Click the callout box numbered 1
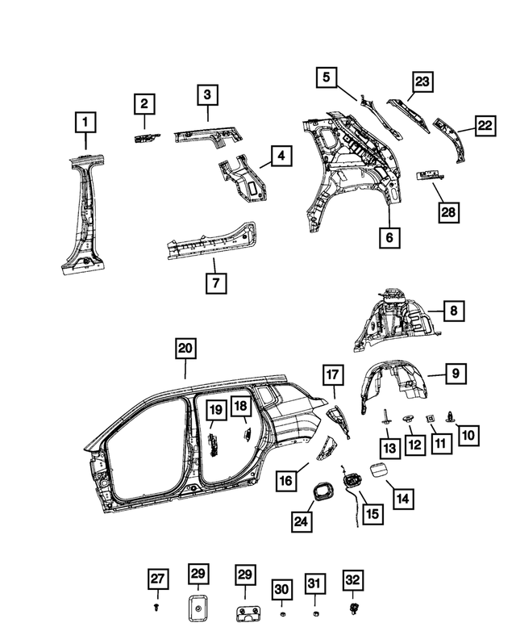click(85, 124)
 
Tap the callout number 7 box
click(216, 282)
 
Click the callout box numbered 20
click(185, 349)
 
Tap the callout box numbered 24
click(300, 522)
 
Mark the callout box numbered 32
click(352, 579)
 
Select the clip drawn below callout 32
click(352, 606)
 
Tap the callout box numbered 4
click(280, 156)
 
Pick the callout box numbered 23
click(423, 82)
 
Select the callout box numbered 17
click(334, 374)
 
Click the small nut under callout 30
click(281, 606)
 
